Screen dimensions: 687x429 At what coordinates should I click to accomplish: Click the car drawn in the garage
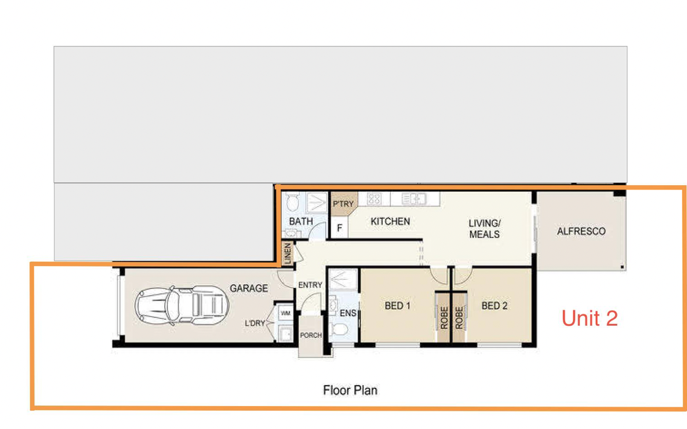pyautogui.click(x=182, y=305)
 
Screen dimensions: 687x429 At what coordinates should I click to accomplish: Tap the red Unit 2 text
pyautogui.click(x=590, y=318)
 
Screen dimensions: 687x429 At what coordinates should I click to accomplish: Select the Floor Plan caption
pyautogui.click(x=350, y=390)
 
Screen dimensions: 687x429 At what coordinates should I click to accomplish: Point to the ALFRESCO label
pyautogui.click(x=581, y=231)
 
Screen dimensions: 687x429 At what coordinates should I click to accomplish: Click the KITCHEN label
pyautogui.click(x=391, y=221)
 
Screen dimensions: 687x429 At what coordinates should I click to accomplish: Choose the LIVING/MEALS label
pyautogui.click(x=485, y=229)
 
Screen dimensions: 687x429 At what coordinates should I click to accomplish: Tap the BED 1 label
pyautogui.click(x=397, y=305)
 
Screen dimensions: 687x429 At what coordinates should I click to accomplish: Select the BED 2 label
pyautogui.click(x=494, y=305)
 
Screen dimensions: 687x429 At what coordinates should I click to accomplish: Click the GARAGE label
pyautogui.click(x=249, y=288)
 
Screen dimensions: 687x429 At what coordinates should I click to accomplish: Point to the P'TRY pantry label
pyautogui.click(x=343, y=204)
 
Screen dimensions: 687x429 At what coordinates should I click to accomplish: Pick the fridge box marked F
pyautogui.click(x=339, y=227)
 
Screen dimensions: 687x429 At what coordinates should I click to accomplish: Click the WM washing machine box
pyautogui.click(x=286, y=313)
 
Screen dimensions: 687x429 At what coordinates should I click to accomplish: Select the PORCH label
pyautogui.click(x=311, y=335)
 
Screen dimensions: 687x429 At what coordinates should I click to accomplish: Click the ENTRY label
pyautogui.click(x=310, y=285)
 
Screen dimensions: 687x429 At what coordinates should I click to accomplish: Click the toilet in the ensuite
pyautogui.click(x=340, y=329)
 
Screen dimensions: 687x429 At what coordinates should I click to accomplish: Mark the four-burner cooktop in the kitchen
pyautogui.click(x=374, y=199)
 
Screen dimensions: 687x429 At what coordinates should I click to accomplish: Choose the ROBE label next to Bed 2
pyautogui.click(x=459, y=317)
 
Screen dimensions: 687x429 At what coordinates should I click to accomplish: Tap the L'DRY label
pyautogui.click(x=255, y=323)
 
